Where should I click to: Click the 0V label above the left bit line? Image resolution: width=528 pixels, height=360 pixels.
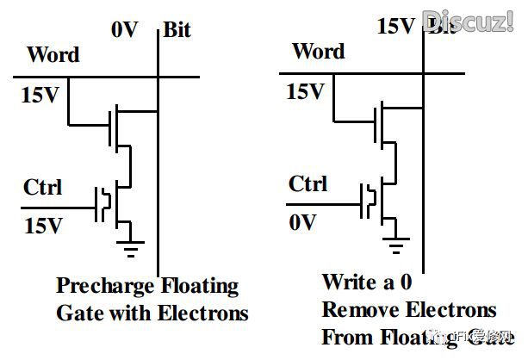point(125,29)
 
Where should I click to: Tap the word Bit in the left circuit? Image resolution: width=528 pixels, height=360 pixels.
point(178,30)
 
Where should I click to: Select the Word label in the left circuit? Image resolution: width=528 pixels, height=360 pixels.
point(53,55)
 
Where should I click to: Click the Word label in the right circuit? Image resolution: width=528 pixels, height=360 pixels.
point(318,52)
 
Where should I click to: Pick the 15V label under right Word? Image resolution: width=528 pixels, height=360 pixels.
point(306,90)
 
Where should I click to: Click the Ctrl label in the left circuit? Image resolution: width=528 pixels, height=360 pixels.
point(43,186)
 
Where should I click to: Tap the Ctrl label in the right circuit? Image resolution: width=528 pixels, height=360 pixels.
point(307,183)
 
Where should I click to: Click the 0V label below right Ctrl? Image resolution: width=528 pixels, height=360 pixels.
point(302,222)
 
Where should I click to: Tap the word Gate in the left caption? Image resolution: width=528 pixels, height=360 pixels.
point(77,312)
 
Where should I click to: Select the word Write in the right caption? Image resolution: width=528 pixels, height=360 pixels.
point(348,282)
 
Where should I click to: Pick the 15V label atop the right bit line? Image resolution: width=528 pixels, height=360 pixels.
point(396,26)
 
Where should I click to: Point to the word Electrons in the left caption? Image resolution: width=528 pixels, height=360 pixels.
point(202,312)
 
